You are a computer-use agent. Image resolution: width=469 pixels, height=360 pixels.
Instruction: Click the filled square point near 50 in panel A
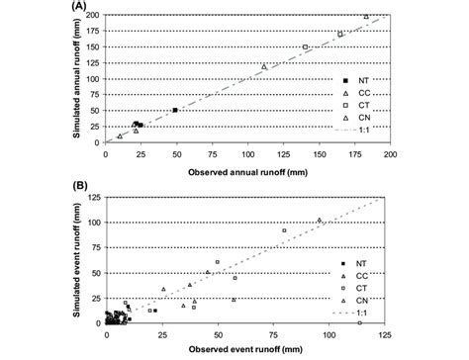(175, 111)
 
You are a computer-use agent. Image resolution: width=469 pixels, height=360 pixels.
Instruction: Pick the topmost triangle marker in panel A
(366, 17)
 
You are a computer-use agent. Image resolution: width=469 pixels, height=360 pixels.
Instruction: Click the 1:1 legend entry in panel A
(356, 130)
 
